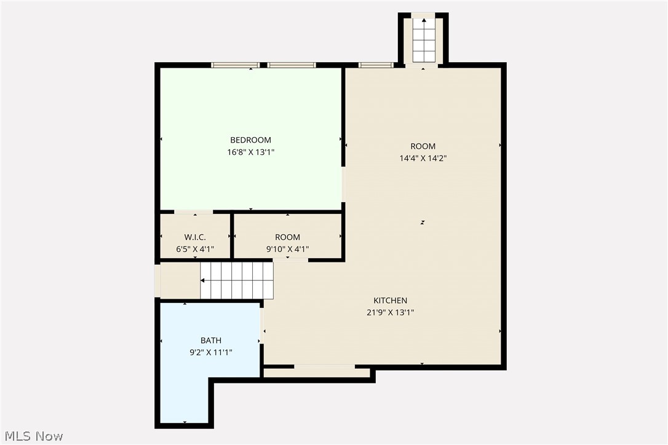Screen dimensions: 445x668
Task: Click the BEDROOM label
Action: coord(250,140)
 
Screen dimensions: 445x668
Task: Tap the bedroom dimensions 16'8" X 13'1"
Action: coord(250,152)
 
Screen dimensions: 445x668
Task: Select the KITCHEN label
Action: coord(390,301)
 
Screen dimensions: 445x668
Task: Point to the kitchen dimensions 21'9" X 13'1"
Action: coord(390,312)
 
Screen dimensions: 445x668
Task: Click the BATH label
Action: coord(210,341)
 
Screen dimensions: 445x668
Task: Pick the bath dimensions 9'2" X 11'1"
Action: coord(210,352)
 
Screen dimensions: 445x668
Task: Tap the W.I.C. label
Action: coord(195,237)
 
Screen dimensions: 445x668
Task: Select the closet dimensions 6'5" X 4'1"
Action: coord(195,249)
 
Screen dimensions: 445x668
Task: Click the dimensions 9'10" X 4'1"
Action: coord(287,249)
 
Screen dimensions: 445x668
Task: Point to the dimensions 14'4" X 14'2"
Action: coord(423,158)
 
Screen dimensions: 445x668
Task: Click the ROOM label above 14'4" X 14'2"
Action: coord(423,146)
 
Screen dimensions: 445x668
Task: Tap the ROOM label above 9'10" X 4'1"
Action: coord(287,237)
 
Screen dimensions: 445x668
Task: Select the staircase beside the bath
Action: coord(237,280)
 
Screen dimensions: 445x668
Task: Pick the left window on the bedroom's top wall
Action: coord(235,65)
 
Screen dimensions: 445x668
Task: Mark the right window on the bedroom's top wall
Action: coord(292,65)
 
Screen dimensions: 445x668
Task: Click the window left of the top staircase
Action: coord(376,65)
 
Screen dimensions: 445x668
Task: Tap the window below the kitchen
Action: coord(324,367)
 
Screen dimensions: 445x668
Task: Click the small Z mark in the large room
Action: coord(423,222)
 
